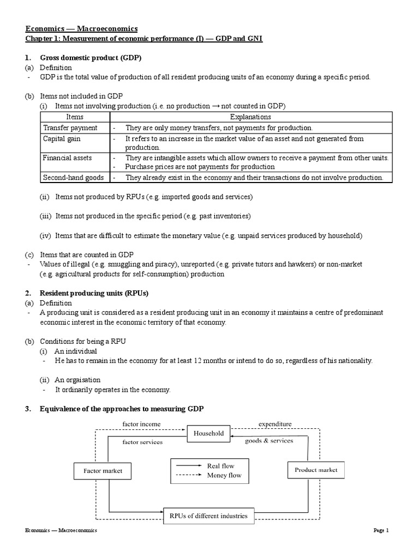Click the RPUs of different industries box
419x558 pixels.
tap(208, 515)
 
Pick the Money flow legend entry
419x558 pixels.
tap(221, 475)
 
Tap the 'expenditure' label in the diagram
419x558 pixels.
tap(275, 423)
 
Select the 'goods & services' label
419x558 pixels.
tap(268, 441)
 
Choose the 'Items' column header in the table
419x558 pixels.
tap(75, 117)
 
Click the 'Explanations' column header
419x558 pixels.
tap(250, 117)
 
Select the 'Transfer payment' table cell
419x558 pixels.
tap(70, 128)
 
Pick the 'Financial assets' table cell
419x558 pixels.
tap(68, 158)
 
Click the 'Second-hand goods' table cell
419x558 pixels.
tap(73, 178)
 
